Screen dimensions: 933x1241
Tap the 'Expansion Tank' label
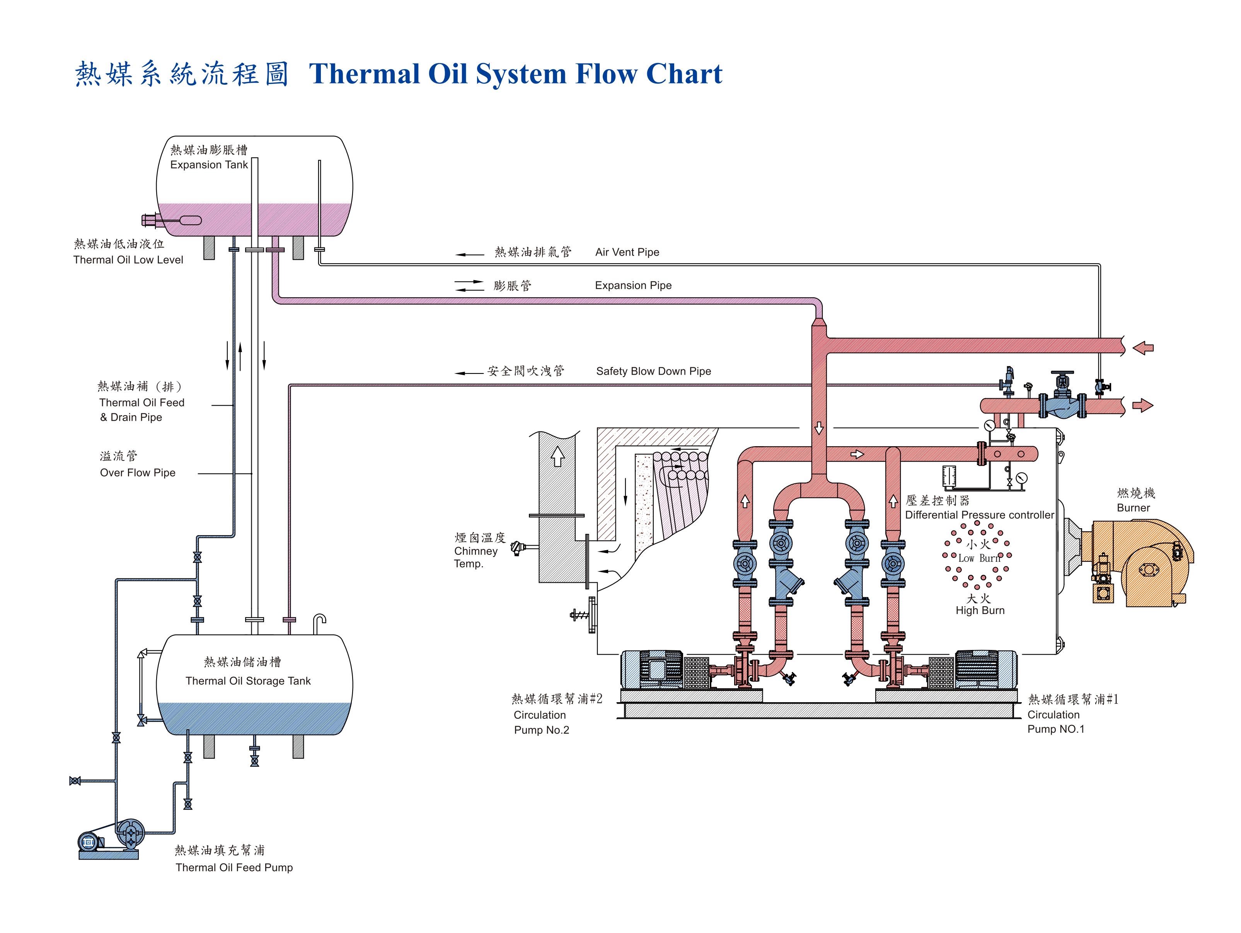tap(209, 165)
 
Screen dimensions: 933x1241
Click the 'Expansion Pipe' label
tap(633, 286)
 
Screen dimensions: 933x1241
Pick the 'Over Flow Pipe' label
tap(138, 473)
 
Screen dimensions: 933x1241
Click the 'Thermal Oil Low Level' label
tap(128, 260)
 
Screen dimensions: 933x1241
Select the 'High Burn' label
tap(980, 611)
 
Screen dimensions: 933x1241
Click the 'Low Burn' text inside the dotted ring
tap(978, 558)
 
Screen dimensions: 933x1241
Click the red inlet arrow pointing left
tap(1142, 348)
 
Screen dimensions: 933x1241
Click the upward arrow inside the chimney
tap(557, 456)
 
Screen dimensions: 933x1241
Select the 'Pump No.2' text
tap(541, 730)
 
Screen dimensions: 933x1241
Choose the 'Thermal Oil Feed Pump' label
tap(234, 867)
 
